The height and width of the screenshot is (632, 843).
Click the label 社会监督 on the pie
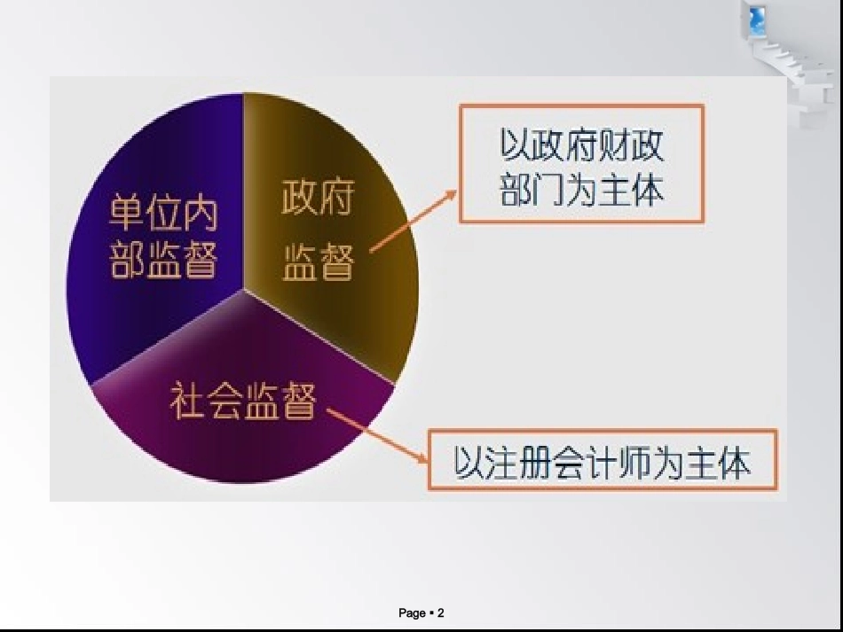click(243, 402)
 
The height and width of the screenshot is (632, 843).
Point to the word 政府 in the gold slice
click(317, 197)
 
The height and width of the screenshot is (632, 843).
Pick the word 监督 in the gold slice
click(318, 262)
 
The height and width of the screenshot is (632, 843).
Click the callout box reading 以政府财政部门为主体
click(581, 164)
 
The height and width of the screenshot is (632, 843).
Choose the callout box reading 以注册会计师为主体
click(603, 460)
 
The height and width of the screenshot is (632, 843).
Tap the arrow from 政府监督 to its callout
click(413, 221)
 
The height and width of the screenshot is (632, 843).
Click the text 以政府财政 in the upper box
click(582, 145)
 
